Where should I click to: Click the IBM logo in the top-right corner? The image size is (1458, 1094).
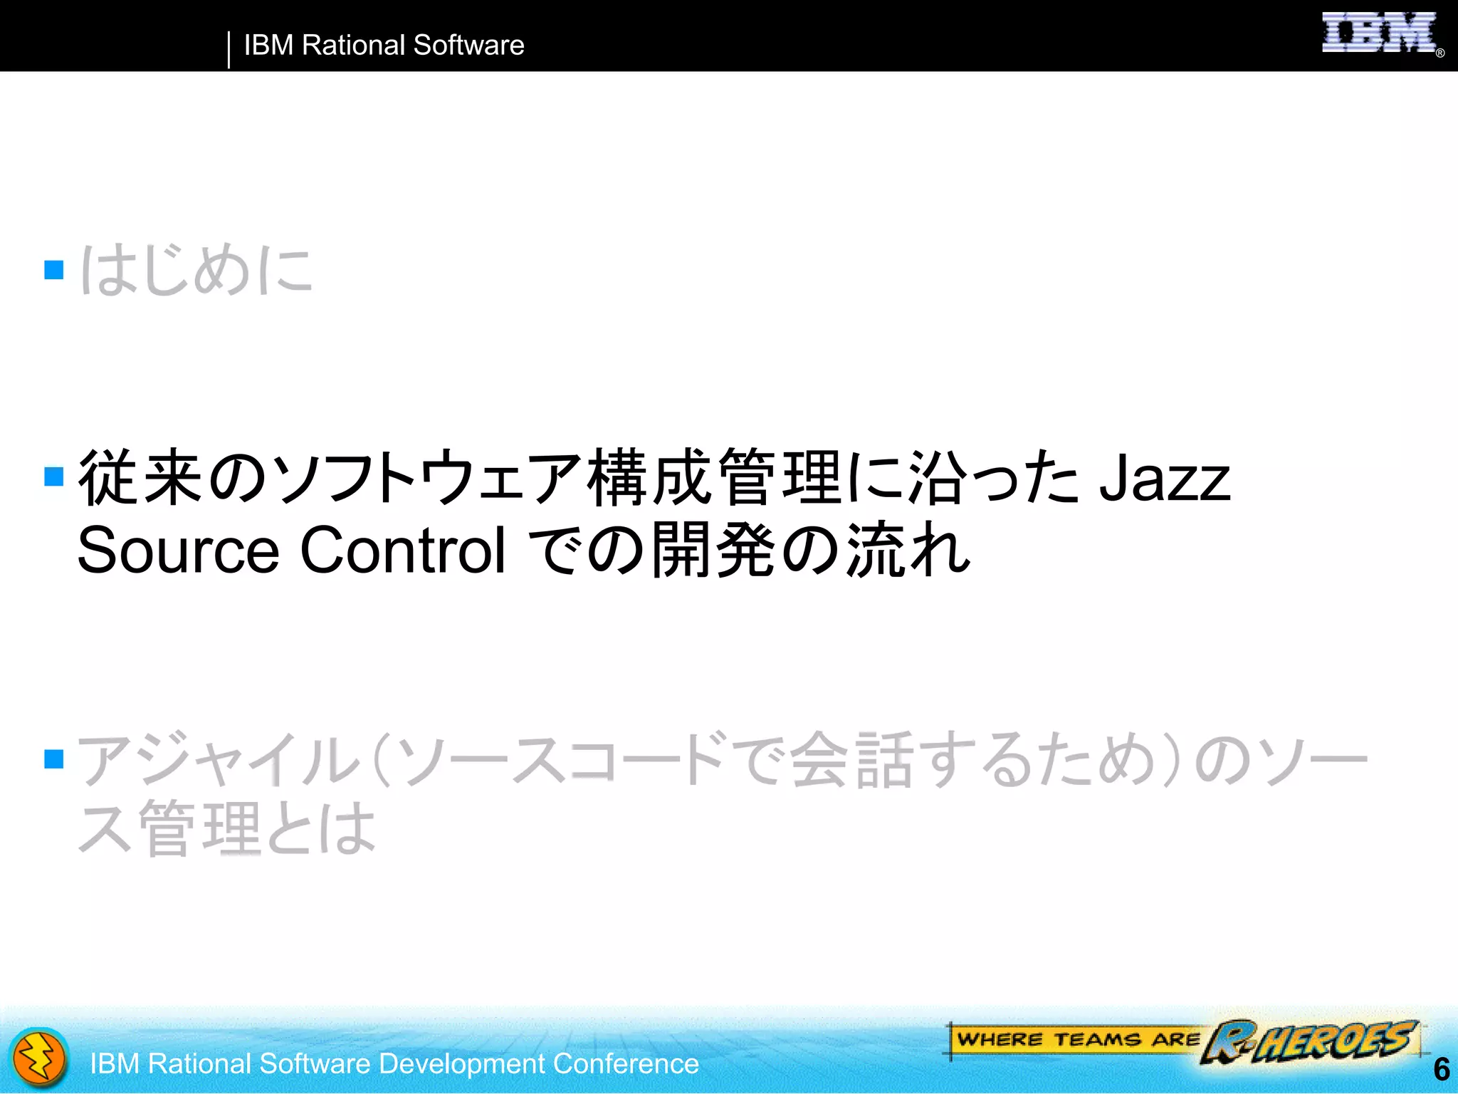1378,33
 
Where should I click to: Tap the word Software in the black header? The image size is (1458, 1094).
468,46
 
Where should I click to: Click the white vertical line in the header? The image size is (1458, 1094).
229,49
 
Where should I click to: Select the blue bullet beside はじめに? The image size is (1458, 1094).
54,270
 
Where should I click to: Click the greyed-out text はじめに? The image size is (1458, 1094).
196,269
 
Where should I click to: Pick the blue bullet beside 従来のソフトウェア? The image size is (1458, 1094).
54,476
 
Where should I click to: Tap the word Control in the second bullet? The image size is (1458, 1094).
402,551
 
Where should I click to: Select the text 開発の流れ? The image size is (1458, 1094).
810,550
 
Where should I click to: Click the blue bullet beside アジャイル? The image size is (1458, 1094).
54,759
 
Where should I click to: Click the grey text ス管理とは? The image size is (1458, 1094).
226,828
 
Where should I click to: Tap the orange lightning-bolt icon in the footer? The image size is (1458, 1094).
40,1058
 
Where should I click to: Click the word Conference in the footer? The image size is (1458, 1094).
626,1063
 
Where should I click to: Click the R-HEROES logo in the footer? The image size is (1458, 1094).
1310,1041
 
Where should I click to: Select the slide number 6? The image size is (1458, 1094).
1441,1069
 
